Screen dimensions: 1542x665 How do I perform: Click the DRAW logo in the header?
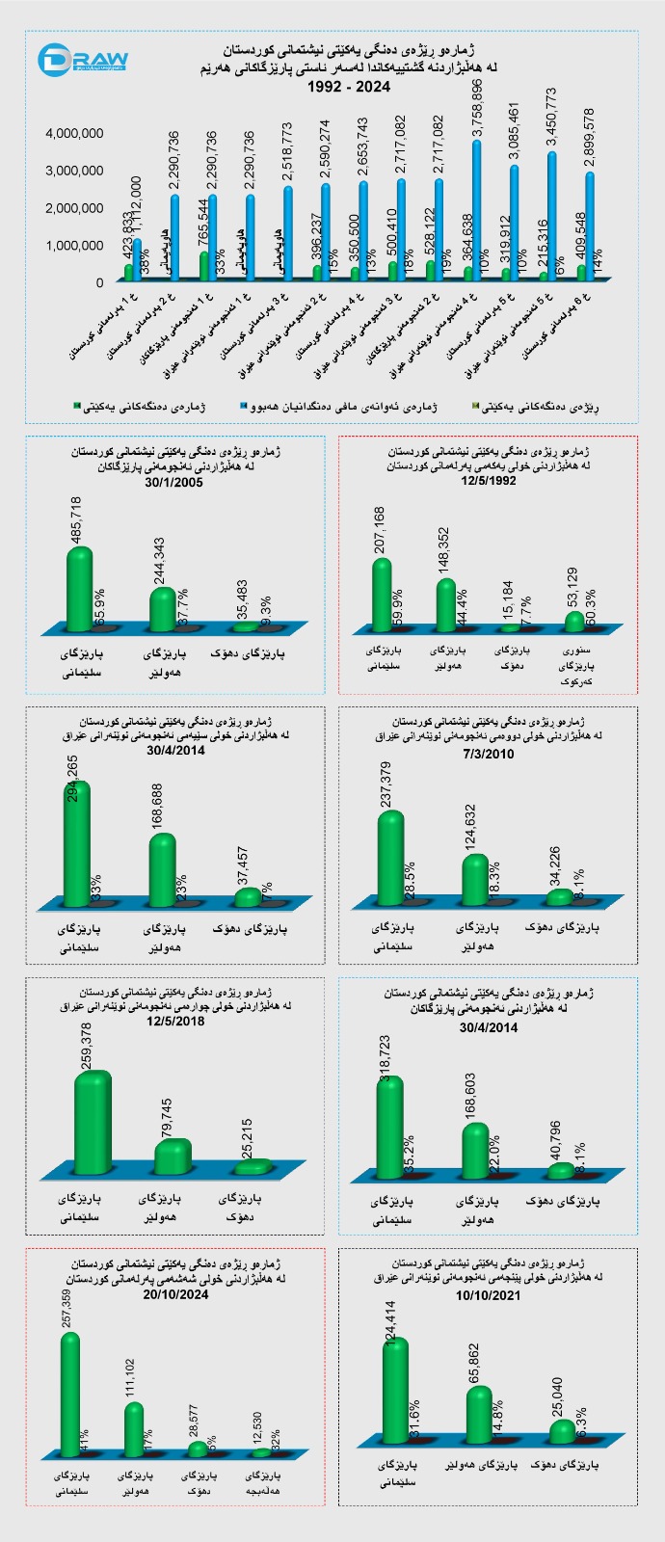83,61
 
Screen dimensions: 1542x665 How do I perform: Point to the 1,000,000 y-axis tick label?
75,246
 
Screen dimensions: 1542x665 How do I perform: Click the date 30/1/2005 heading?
173,484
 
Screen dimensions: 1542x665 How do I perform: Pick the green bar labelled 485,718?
79,590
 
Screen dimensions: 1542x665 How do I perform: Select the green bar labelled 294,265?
76,843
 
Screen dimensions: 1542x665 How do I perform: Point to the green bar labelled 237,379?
390,858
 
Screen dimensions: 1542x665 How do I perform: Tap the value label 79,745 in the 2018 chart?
168,1118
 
